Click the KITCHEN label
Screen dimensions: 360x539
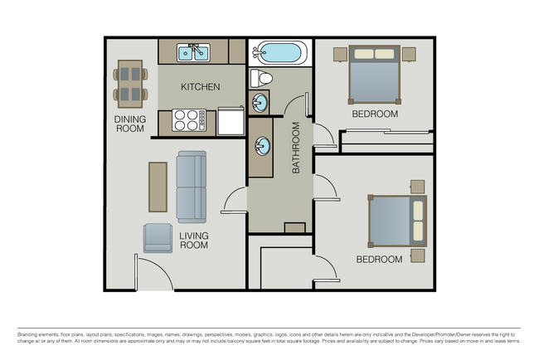tap(201, 86)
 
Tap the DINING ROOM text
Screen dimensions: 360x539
tap(129, 124)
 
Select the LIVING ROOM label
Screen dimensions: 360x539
tap(194, 241)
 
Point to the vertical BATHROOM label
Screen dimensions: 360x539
tap(295, 148)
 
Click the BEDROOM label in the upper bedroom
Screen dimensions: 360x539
tap(375, 114)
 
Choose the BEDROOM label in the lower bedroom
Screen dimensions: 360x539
tap(379, 260)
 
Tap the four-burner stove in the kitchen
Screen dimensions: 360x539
tap(188, 120)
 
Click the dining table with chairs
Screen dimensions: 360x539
tap(129, 84)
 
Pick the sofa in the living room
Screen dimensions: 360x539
tap(191, 187)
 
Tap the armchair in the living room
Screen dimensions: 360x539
tap(158, 237)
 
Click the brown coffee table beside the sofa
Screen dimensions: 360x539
tap(158, 186)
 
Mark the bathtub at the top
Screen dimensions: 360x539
tap(278, 53)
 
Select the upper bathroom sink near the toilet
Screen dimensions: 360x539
tap(260, 105)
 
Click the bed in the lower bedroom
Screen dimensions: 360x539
tap(397, 221)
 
